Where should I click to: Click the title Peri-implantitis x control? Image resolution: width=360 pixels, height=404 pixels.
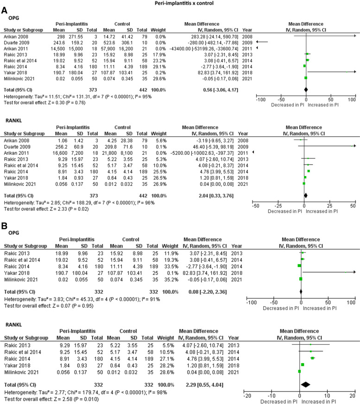pos(180,3)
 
